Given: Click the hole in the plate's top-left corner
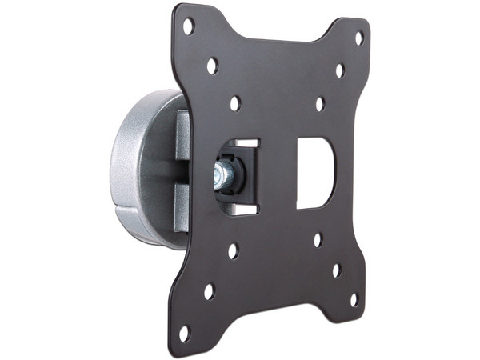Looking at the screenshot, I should tap(189, 26).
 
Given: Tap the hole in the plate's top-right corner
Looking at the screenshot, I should tap(358, 37).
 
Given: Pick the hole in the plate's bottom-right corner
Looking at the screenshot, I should tap(354, 299).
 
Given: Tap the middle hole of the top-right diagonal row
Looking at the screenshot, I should tap(339, 70).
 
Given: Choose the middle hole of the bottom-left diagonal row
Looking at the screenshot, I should tap(209, 291).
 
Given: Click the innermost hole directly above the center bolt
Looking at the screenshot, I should tap(235, 103).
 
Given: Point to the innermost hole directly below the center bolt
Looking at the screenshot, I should tap(233, 251).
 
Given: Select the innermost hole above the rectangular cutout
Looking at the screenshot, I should tap(319, 104).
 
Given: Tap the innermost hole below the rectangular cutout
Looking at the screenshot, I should tap(318, 239).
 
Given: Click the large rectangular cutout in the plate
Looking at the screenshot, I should tap(315, 173).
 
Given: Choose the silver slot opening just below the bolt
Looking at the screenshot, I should tap(240, 210).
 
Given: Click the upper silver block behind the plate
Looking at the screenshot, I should tap(182, 132).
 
